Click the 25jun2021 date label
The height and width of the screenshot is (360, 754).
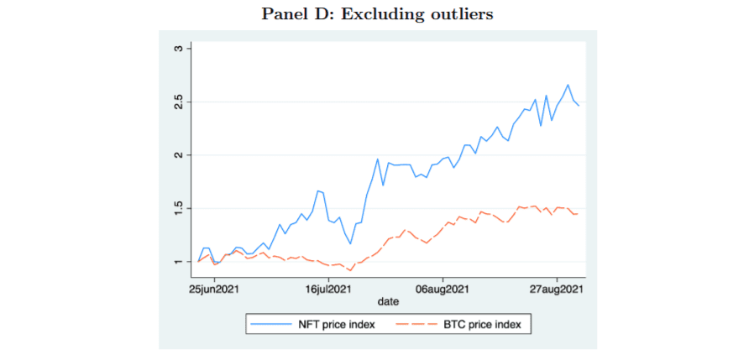click(x=215, y=290)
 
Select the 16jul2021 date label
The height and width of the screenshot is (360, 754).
click(x=329, y=290)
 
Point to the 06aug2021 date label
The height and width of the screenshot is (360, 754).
click(x=442, y=290)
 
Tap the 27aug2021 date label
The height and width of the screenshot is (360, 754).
click(x=557, y=290)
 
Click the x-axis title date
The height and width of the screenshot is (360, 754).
click(x=388, y=302)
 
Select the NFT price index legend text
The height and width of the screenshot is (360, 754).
click(x=334, y=325)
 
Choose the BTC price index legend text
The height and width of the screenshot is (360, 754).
click(x=481, y=325)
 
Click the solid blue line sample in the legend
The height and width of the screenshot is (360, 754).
click(x=270, y=326)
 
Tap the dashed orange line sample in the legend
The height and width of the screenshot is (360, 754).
click(x=416, y=326)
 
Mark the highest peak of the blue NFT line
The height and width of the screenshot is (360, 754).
click(x=568, y=85)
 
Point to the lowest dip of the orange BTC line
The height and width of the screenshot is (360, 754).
click(x=351, y=270)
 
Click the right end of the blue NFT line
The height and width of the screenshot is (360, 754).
click(x=579, y=106)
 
